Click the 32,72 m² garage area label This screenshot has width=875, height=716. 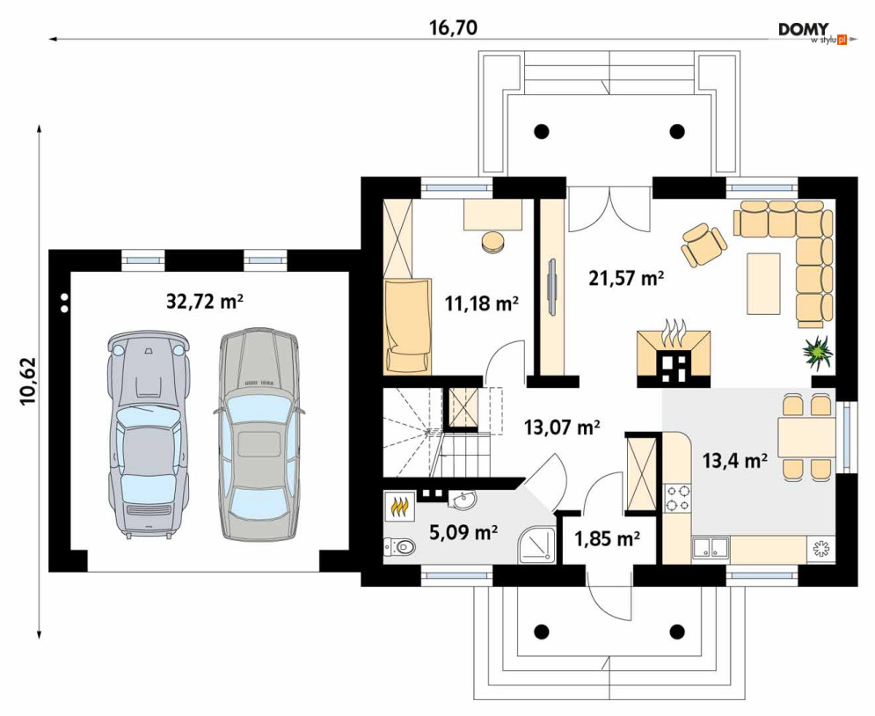pos(205,301)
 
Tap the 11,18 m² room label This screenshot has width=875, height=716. pos(482,303)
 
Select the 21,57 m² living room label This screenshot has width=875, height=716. pos(626,277)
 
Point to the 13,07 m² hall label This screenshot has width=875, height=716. pos(562,427)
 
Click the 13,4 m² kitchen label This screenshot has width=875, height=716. pos(734,461)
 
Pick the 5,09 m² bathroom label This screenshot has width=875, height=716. pos(463,532)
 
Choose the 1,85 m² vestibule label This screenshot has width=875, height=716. pos(607,539)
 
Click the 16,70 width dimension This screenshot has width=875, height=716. pos(453,27)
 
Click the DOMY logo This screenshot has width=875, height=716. pos(812,33)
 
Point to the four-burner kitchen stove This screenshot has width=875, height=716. pos(677,498)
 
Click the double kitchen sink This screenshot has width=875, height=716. pos(711,548)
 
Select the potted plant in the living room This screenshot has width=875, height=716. pos(818,353)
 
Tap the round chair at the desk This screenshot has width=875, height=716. pos(492,242)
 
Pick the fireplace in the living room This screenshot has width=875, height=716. pos(674,358)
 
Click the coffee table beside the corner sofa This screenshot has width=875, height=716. pos(763,282)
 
